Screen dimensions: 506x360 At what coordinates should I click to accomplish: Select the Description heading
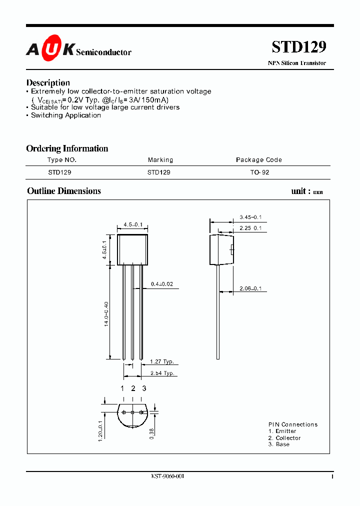point(48,82)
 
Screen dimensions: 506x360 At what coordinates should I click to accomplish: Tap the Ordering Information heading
point(67,148)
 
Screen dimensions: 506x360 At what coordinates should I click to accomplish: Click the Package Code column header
point(258,160)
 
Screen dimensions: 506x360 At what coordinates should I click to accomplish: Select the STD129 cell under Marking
point(159,172)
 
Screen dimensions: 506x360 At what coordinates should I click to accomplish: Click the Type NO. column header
point(62,160)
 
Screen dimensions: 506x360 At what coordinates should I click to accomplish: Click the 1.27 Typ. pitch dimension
point(162,362)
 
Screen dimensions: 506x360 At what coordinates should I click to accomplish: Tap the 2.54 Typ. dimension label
point(162,373)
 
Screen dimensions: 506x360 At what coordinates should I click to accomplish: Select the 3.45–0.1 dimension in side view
point(250,217)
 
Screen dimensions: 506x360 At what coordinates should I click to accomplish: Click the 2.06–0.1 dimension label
point(250,289)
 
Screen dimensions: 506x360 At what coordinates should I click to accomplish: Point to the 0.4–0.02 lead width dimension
point(162,284)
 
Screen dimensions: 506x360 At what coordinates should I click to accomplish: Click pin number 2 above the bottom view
point(133,388)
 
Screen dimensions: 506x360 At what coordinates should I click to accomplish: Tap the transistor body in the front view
point(132,249)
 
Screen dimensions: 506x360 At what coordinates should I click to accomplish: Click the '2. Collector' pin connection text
point(284,438)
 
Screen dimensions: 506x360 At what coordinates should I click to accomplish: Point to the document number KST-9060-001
point(167,476)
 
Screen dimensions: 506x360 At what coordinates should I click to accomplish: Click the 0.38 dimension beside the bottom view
point(152,431)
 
